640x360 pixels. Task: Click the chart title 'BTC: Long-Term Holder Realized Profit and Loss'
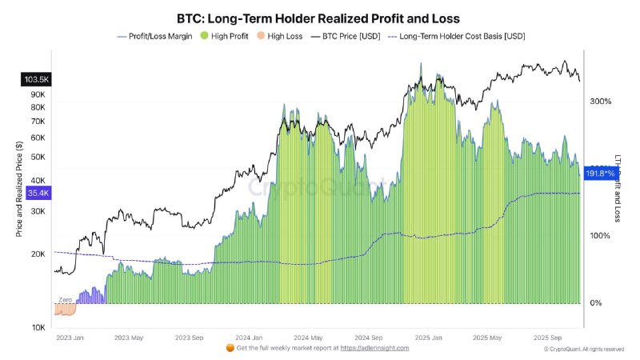pyautogui.click(x=319, y=17)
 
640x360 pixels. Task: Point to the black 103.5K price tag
pyautogui.click(x=36, y=79)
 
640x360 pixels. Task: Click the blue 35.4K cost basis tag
pyautogui.click(x=38, y=193)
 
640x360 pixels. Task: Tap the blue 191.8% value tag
pyautogui.click(x=600, y=174)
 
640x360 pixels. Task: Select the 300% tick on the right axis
pyautogui.click(x=600, y=102)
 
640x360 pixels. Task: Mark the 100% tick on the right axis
pyautogui.click(x=600, y=236)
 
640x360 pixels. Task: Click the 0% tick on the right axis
pyautogui.click(x=595, y=303)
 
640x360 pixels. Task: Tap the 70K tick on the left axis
pyautogui.click(x=38, y=121)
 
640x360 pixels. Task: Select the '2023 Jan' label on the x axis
pyautogui.click(x=71, y=338)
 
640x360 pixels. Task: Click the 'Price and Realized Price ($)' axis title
pyautogui.click(x=18, y=189)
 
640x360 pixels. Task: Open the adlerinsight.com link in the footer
pyautogui.click(x=374, y=348)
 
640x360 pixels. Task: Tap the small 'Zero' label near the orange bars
pyautogui.click(x=66, y=299)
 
